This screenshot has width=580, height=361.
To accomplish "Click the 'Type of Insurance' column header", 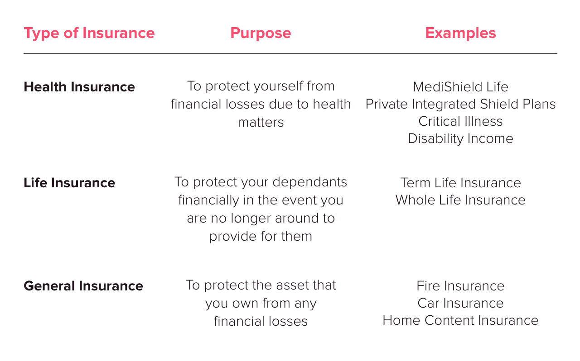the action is (89, 33).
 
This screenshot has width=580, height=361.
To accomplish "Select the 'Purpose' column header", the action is (261, 33).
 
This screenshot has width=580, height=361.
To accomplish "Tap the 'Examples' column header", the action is (460, 33).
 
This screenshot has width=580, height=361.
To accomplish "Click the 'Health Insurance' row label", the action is (79, 87).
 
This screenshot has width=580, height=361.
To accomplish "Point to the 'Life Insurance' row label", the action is (69, 183).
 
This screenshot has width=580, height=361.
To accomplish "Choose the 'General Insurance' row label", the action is (83, 286).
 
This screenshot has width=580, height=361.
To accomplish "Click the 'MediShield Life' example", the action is (460, 87).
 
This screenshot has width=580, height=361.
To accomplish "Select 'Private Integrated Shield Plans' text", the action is (460, 104).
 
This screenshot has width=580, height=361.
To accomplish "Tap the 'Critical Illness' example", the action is (460, 121).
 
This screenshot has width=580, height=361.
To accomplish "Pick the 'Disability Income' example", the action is (460, 138).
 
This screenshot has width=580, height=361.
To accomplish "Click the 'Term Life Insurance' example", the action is (460, 183).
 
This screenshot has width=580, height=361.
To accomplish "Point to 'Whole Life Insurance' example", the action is (460, 200).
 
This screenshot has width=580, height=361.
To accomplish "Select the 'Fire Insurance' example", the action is (460, 286).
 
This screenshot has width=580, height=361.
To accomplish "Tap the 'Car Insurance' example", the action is (460, 303).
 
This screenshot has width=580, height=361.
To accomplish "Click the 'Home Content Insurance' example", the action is (460, 320).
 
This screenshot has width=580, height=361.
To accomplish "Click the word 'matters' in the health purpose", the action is (261, 123).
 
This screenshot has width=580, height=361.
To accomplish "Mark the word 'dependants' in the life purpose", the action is (309, 182).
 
